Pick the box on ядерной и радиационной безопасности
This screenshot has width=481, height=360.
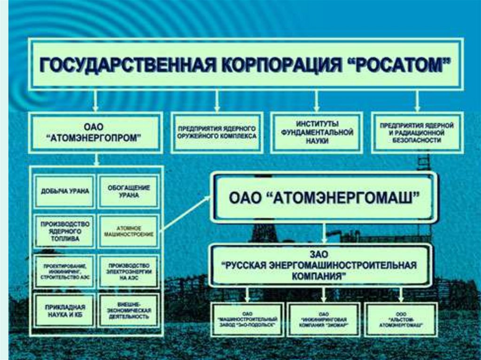click(417, 133)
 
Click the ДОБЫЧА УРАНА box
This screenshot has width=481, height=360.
click(64, 191)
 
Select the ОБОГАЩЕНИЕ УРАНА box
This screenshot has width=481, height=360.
click(128, 191)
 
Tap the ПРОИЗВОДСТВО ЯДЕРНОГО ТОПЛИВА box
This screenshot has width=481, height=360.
click(64, 231)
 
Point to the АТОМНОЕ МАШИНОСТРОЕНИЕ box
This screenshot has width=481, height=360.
click(128, 231)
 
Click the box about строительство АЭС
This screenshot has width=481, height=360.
click(64, 271)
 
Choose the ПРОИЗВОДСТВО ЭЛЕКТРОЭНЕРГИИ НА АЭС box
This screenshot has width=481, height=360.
click(128, 271)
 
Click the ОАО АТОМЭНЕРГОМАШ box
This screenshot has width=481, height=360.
click(324, 197)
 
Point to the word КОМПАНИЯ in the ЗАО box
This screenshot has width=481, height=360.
click(322, 276)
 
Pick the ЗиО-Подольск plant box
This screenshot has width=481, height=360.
click(247, 319)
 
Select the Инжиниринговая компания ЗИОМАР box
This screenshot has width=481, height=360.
click(324, 319)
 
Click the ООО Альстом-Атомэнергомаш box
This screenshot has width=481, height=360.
click(401, 319)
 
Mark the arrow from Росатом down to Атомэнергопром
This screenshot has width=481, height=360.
click(96, 100)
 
